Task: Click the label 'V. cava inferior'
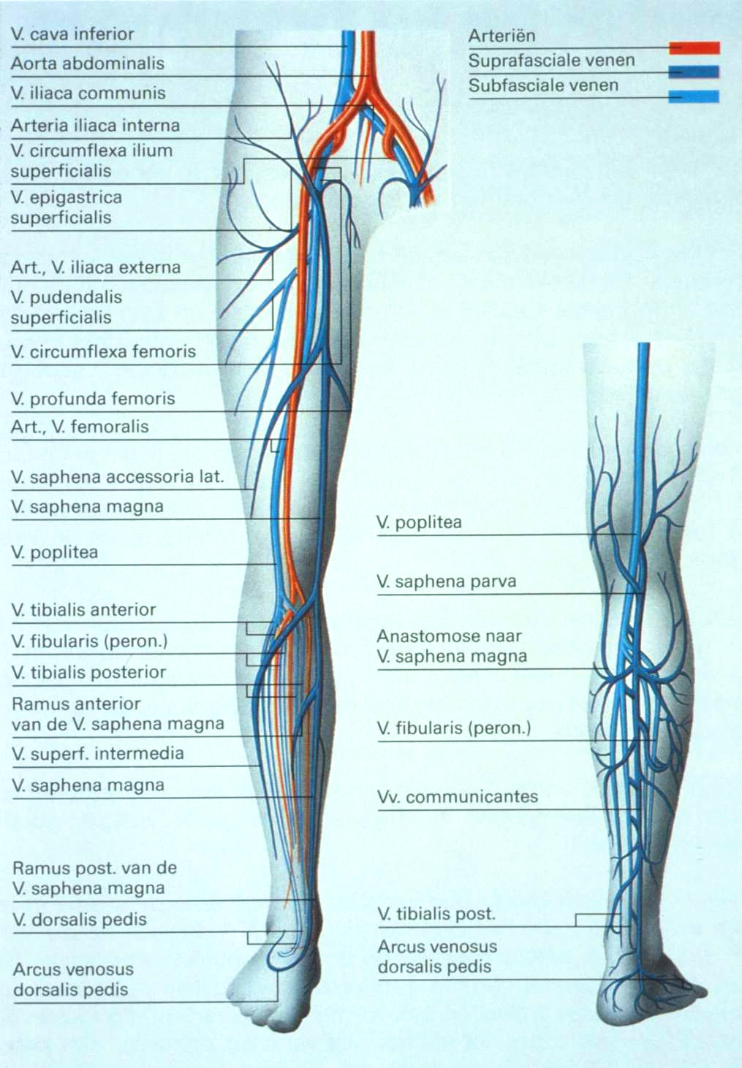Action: [x=72, y=34]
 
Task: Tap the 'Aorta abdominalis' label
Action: [x=87, y=64]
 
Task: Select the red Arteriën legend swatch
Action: [x=694, y=47]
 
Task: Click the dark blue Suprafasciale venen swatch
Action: [x=694, y=72]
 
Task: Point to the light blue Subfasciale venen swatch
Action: [x=694, y=96]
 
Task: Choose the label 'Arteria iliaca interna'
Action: [x=95, y=126]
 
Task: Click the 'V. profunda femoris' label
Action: [x=93, y=399]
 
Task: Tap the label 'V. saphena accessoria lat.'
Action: [x=117, y=478]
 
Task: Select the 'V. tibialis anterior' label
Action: [x=84, y=610]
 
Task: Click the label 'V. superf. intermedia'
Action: [x=98, y=754]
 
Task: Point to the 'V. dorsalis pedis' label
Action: [x=80, y=920]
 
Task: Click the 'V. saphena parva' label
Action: [x=446, y=582]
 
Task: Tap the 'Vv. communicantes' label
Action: [x=458, y=797]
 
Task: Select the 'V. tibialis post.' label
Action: [x=436, y=914]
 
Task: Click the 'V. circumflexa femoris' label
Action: [x=103, y=351]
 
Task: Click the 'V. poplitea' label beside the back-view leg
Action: [x=419, y=523]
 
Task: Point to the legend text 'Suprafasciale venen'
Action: [x=551, y=61]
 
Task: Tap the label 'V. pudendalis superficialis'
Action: [x=66, y=308]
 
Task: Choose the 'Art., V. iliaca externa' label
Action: [x=95, y=267]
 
